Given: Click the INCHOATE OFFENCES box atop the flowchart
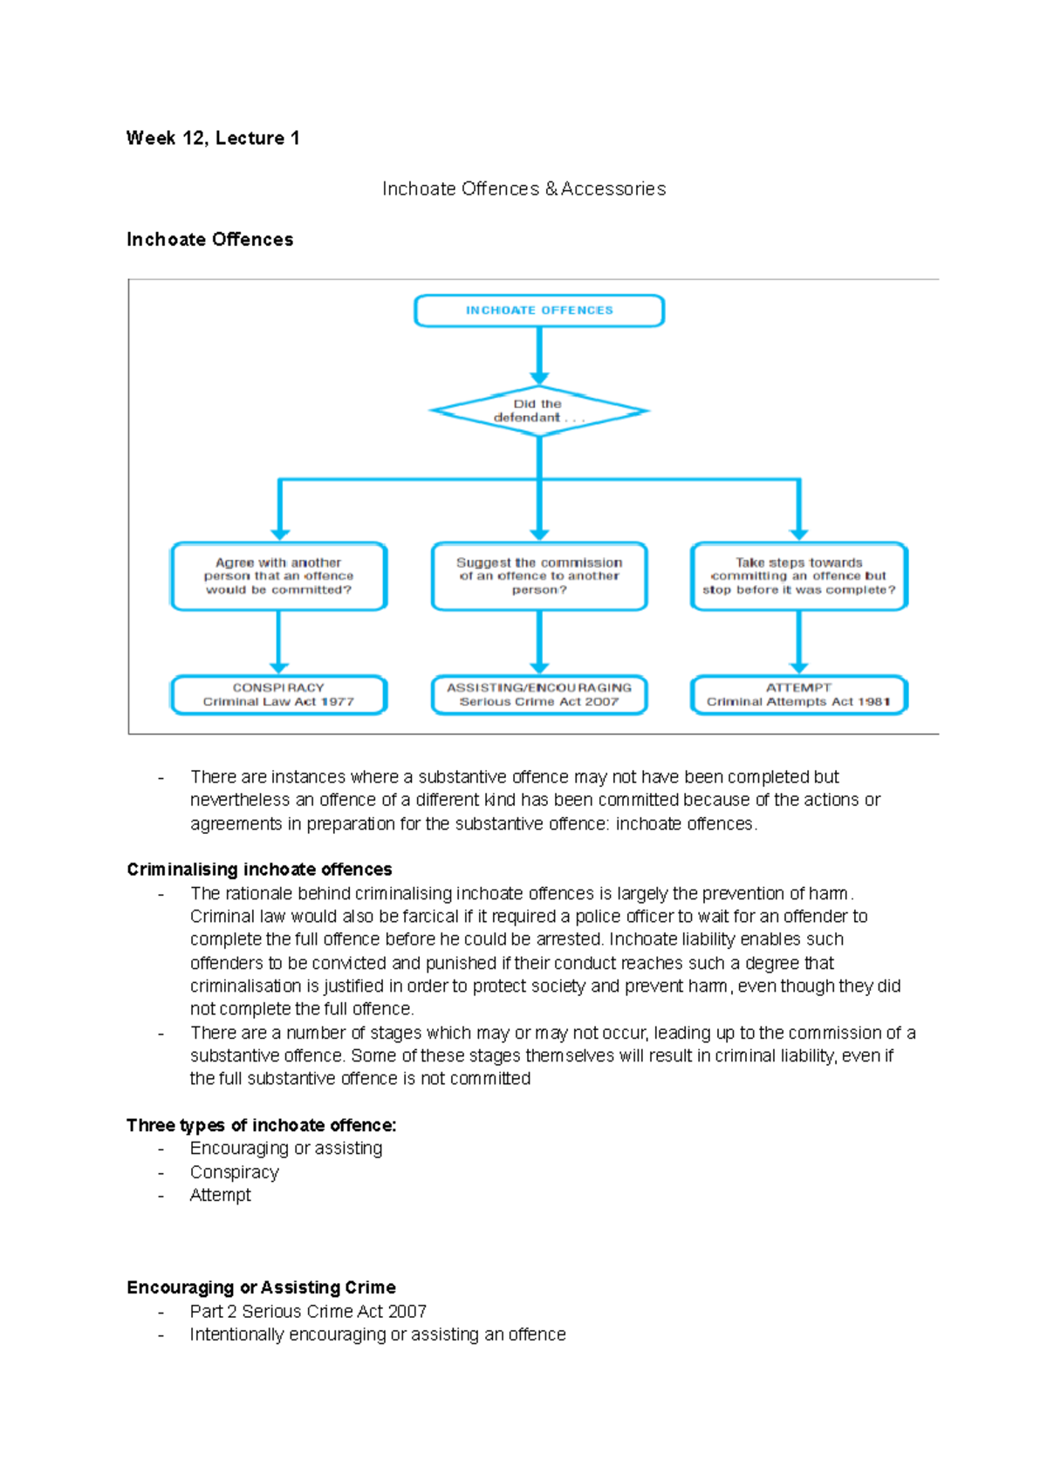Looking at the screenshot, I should click(539, 311).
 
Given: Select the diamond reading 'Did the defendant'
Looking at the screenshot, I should click(539, 411).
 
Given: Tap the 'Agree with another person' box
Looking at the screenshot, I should click(279, 577).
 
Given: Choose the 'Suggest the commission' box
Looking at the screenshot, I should click(539, 577).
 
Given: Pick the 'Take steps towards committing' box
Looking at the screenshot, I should click(798, 577).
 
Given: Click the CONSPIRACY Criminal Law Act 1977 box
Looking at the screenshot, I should click(279, 695).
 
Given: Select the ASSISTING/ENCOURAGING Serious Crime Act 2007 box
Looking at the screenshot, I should click(539, 695).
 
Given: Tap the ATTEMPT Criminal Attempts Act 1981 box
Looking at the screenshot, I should click(798, 695).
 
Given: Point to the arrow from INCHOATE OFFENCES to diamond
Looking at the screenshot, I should click(539, 356).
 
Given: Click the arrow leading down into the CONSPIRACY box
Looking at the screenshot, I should click(279, 644).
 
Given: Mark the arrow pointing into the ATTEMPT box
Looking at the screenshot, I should click(798, 644).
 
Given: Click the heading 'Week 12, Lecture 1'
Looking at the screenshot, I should click(213, 138).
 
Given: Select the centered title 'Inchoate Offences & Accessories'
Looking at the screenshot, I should click(523, 189).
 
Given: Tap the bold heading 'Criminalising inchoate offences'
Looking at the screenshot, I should click(259, 870).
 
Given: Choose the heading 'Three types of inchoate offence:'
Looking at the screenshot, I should click(261, 1125).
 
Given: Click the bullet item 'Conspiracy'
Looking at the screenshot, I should click(235, 1172).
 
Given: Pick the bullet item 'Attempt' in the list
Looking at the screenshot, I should click(221, 1196).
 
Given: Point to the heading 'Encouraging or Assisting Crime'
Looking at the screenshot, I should click(261, 1287).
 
